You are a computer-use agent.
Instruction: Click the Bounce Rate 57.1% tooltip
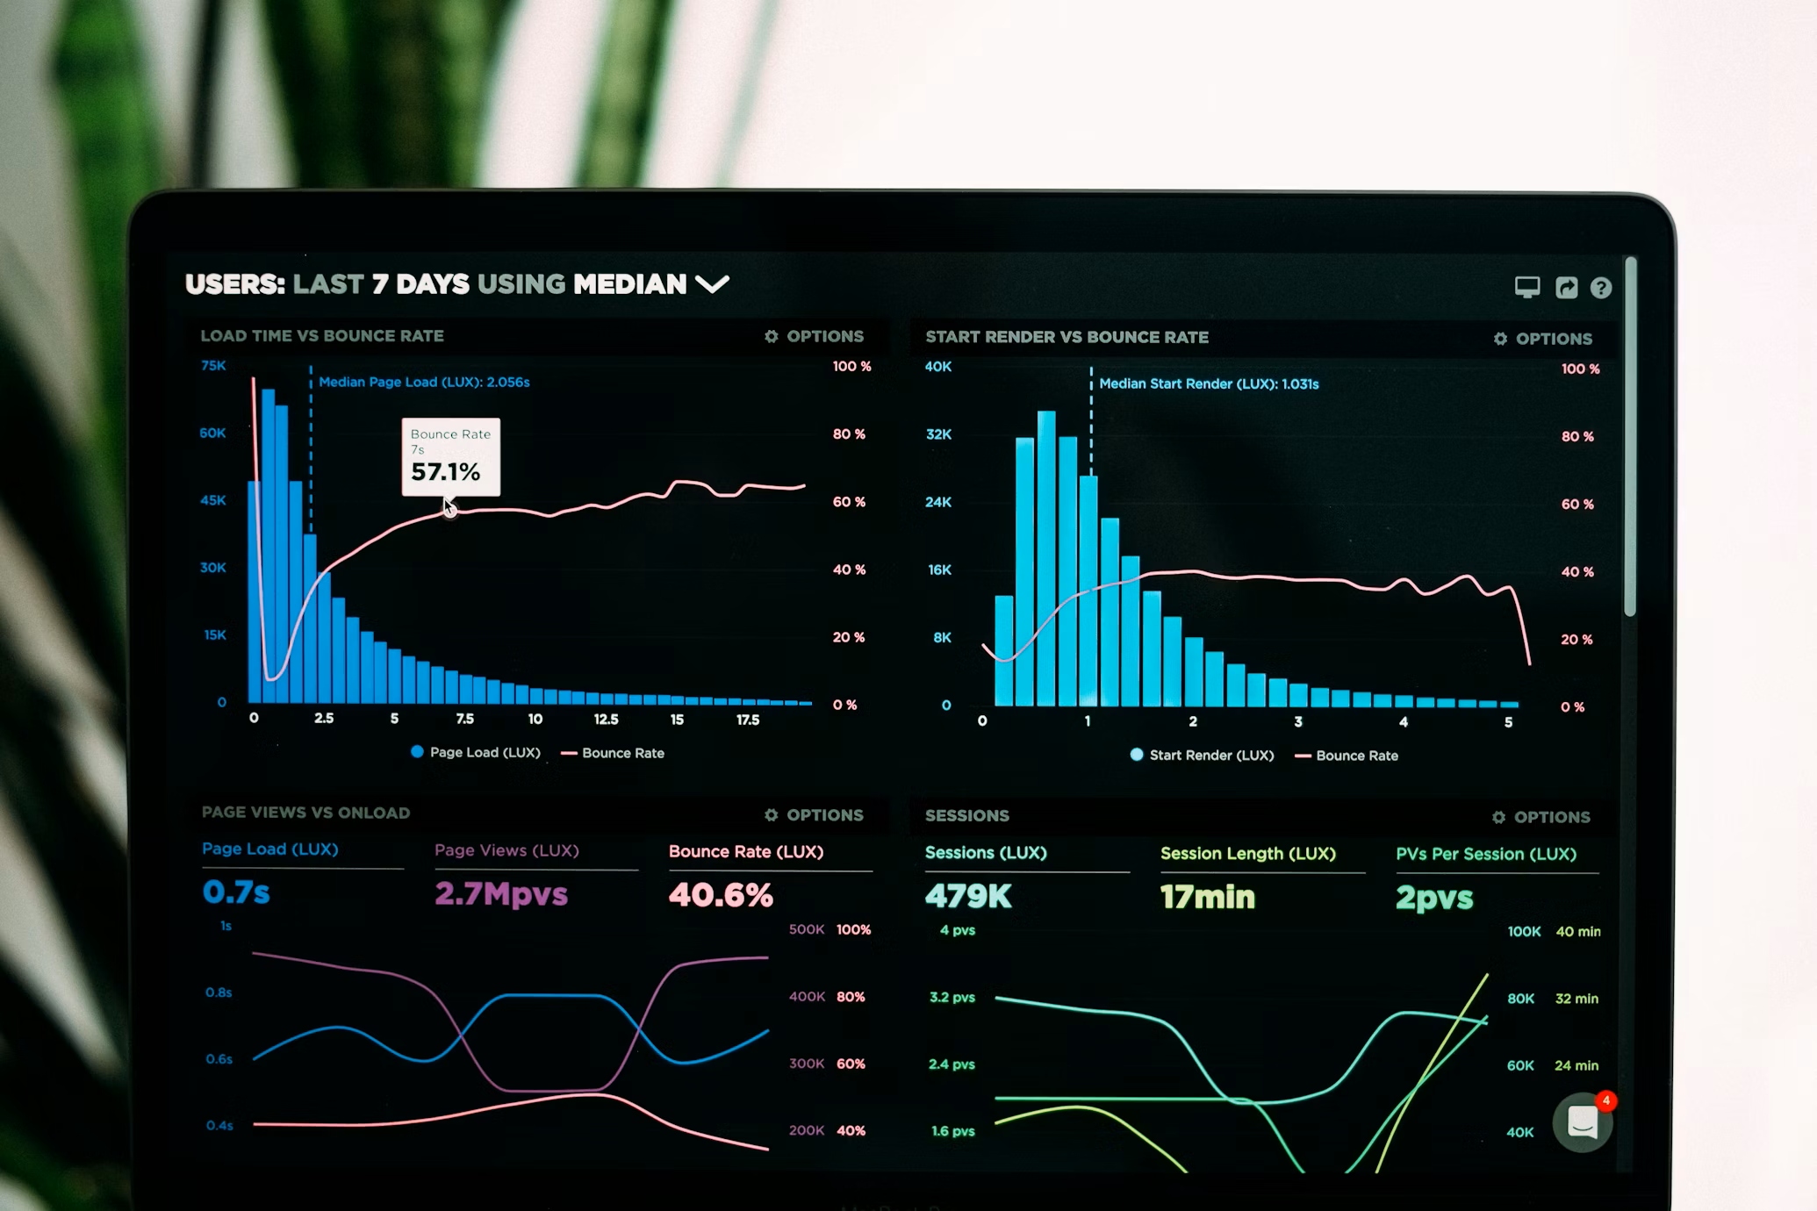click(x=450, y=457)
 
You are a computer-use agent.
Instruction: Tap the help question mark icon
click(x=1600, y=288)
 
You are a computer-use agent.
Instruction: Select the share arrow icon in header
click(x=1566, y=288)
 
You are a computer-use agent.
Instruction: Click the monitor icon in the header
click(x=1526, y=287)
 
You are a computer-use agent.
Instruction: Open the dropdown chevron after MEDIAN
click(x=712, y=284)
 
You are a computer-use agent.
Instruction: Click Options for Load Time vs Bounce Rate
click(x=814, y=336)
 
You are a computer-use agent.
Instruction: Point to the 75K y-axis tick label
click(x=213, y=365)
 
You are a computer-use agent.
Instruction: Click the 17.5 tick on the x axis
click(x=747, y=720)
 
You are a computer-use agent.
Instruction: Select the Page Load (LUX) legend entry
click(x=476, y=752)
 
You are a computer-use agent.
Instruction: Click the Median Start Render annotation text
click(x=1209, y=383)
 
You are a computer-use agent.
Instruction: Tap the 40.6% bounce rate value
click(x=721, y=895)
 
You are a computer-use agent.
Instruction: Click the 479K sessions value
click(x=968, y=896)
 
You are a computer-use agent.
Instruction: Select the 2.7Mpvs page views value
click(x=501, y=894)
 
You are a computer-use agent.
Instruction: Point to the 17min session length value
click(x=1208, y=897)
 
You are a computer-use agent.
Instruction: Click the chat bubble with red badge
click(x=1582, y=1122)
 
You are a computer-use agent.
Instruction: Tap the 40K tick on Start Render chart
click(x=937, y=367)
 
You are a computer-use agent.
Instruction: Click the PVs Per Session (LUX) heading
click(x=1486, y=854)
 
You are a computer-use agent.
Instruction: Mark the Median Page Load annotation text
click(x=424, y=382)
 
